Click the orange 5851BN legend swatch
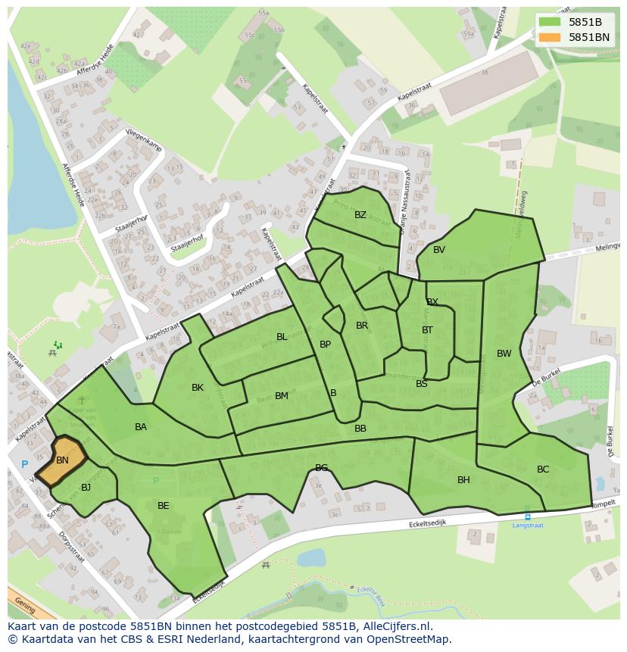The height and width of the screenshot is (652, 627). (550, 37)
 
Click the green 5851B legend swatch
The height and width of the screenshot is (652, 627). (550, 22)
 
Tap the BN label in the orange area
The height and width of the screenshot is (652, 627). (62, 460)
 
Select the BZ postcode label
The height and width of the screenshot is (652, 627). (360, 215)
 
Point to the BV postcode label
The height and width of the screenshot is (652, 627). (439, 250)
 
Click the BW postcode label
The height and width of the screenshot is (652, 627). (504, 354)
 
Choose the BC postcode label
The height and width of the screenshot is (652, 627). (543, 470)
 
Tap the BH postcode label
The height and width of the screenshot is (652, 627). (463, 480)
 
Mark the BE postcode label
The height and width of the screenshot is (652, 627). (164, 506)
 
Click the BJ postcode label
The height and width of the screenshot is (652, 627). (86, 488)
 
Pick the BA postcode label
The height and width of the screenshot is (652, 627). (141, 427)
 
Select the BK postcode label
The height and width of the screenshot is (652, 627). (198, 388)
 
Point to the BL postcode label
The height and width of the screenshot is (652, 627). (282, 337)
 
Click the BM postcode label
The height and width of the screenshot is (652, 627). (282, 396)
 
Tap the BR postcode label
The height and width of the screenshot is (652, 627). (362, 326)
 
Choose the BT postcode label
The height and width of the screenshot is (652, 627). (427, 330)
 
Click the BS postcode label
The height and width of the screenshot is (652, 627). (422, 384)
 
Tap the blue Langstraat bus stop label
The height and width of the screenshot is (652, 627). (528, 525)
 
